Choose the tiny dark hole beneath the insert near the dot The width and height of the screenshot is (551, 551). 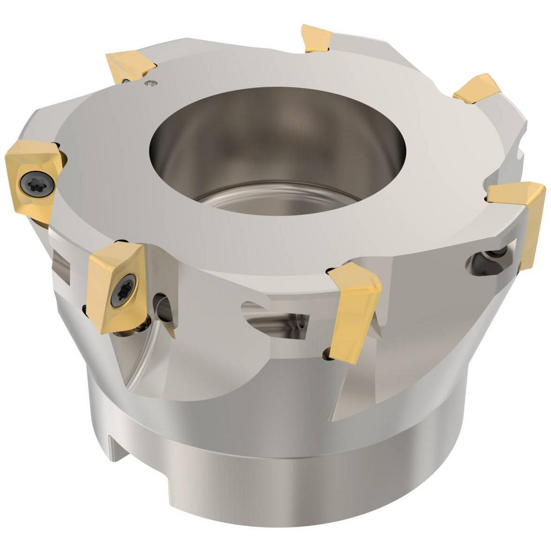[126, 82]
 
